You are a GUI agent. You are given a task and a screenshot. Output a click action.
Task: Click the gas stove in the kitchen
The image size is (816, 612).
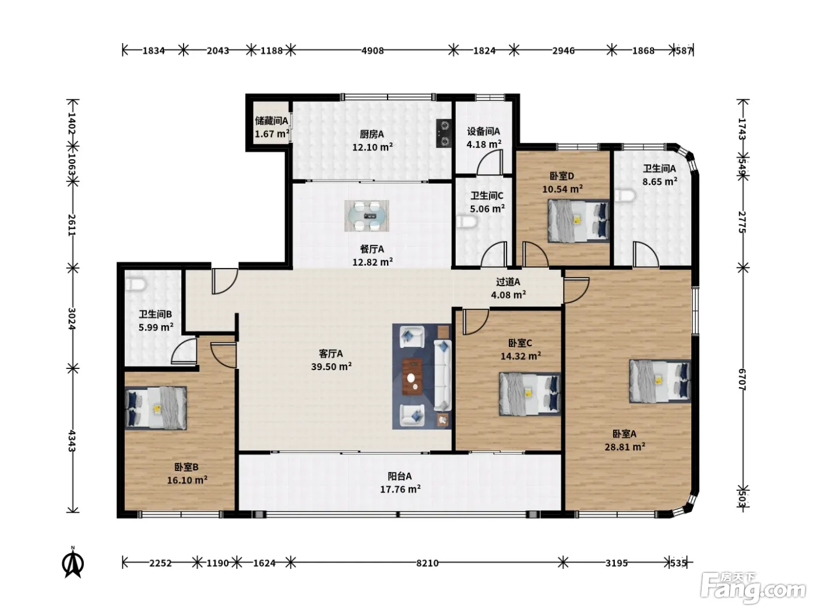(444, 133)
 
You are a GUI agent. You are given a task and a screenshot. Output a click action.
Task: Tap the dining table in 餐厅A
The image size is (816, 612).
(367, 216)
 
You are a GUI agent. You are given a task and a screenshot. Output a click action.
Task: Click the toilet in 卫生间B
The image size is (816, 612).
(135, 285)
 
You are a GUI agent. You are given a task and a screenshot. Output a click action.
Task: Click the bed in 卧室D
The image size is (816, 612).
(578, 221)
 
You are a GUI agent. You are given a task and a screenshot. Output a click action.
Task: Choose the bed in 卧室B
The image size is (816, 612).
(156, 408)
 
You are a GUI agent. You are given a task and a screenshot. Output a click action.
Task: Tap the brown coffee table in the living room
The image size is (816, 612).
(412, 377)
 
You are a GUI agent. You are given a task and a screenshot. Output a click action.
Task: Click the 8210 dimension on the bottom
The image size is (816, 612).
(427, 563)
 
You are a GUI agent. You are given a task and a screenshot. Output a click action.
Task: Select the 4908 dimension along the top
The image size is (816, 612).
(372, 50)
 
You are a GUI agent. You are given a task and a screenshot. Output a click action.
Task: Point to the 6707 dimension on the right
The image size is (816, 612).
(741, 379)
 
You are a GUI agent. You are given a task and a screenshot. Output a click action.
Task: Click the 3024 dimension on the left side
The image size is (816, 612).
(72, 318)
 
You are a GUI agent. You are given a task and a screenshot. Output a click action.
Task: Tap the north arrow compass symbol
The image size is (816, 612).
(73, 562)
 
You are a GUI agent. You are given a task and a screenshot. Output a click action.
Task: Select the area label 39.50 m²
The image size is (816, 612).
(332, 367)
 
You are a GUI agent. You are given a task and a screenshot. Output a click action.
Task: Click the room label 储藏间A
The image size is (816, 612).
(272, 121)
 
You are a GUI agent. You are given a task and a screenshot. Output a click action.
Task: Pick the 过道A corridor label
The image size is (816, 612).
(508, 282)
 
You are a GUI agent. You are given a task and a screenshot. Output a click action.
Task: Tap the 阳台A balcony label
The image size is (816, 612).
(400, 476)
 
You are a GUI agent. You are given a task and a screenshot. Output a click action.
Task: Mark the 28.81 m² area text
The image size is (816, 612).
(625, 446)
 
